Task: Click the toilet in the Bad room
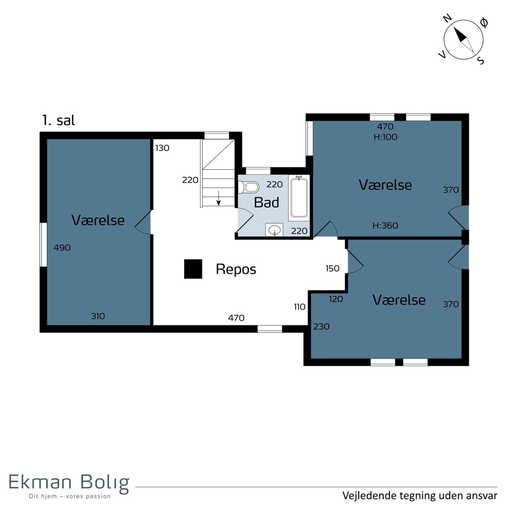[248, 187]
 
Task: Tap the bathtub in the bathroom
[299, 197]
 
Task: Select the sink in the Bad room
[274, 230]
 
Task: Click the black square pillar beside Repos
[193, 269]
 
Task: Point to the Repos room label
[236, 270]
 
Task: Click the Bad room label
[267, 202]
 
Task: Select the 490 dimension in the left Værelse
[62, 248]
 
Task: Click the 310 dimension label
[98, 316]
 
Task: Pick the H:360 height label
[385, 226]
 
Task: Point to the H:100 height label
[385, 137]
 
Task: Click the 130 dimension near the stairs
[162, 148]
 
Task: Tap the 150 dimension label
[333, 268]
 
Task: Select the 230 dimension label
[321, 327]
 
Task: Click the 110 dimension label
[300, 307]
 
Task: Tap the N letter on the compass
[447, 19]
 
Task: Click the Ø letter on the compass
[484, 22]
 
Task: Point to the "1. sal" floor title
[58, 120]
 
